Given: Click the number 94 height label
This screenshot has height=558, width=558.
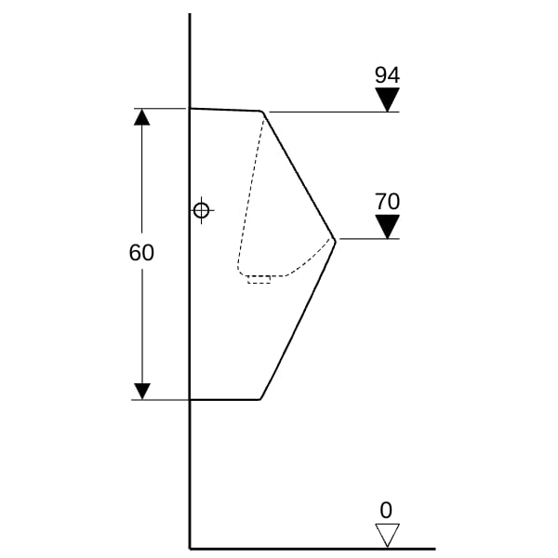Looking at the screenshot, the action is coord(387,75).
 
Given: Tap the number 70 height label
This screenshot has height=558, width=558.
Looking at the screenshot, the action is coord(387,202).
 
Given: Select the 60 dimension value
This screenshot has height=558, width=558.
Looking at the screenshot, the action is coord(141,253).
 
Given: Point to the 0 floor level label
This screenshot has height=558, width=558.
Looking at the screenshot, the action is coord(386,510).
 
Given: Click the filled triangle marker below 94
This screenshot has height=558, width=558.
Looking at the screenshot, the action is coord(387,97).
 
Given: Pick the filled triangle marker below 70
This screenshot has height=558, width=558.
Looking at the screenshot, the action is coord(387,224).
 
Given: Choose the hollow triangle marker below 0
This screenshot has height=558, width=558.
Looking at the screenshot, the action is coord(387,533).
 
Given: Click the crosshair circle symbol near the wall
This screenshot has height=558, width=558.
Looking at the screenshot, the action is coord(202,210).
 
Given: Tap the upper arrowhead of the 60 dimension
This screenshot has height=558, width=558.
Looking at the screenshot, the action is coord(142,117).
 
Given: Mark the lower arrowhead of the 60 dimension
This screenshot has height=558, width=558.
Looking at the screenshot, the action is coord(142,392).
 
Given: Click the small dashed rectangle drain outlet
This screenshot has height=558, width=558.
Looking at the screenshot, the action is coord(259,280).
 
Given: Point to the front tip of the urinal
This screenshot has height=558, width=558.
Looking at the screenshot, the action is coord(335,241).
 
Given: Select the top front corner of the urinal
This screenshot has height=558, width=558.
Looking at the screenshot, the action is coord(262,112).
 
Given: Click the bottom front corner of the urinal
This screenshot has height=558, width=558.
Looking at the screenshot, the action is coord(260,399).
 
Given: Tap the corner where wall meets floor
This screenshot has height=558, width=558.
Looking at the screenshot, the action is coord(190,549).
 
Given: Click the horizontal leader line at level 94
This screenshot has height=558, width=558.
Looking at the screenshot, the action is coord(334,113).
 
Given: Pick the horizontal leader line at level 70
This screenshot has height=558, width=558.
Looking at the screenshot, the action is coord(369,239).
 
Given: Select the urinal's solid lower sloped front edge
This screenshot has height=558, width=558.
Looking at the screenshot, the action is coord(298,320).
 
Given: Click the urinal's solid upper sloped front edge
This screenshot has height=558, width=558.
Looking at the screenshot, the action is coord(299,176).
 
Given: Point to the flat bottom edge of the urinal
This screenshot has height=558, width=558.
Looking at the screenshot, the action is coord(225,400).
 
